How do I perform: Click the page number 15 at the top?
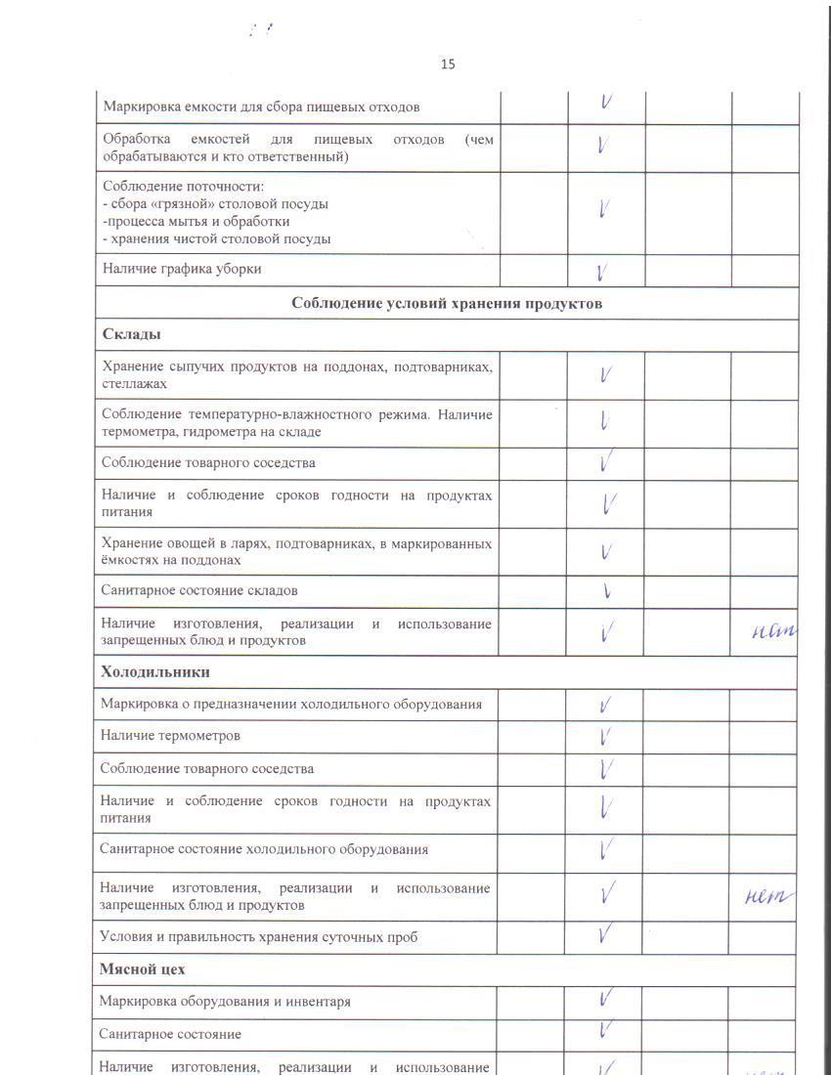tap(448, 64)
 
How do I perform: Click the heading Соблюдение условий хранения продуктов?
tap(447, 303)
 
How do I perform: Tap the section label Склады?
tap(132, 334)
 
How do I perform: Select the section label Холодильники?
tap(154, 672)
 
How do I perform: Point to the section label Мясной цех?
tap(142, 969)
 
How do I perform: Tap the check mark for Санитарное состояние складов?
tap(607, 590)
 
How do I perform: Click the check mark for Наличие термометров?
tap(606, 736)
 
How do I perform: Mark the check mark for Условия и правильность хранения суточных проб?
tap(606, 935)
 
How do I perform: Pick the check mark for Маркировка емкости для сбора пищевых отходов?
tap(606, 103)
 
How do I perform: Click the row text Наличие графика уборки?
tap(182, 269)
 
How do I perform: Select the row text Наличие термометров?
tap(170, 736)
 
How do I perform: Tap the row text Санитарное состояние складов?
tap(199, 590)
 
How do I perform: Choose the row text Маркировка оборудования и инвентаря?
tap(225, 1002)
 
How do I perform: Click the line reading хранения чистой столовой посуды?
tap(220, 238)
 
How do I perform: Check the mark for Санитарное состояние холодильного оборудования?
tap(606, 848)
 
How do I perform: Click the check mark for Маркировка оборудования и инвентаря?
tap(606, 1000)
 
